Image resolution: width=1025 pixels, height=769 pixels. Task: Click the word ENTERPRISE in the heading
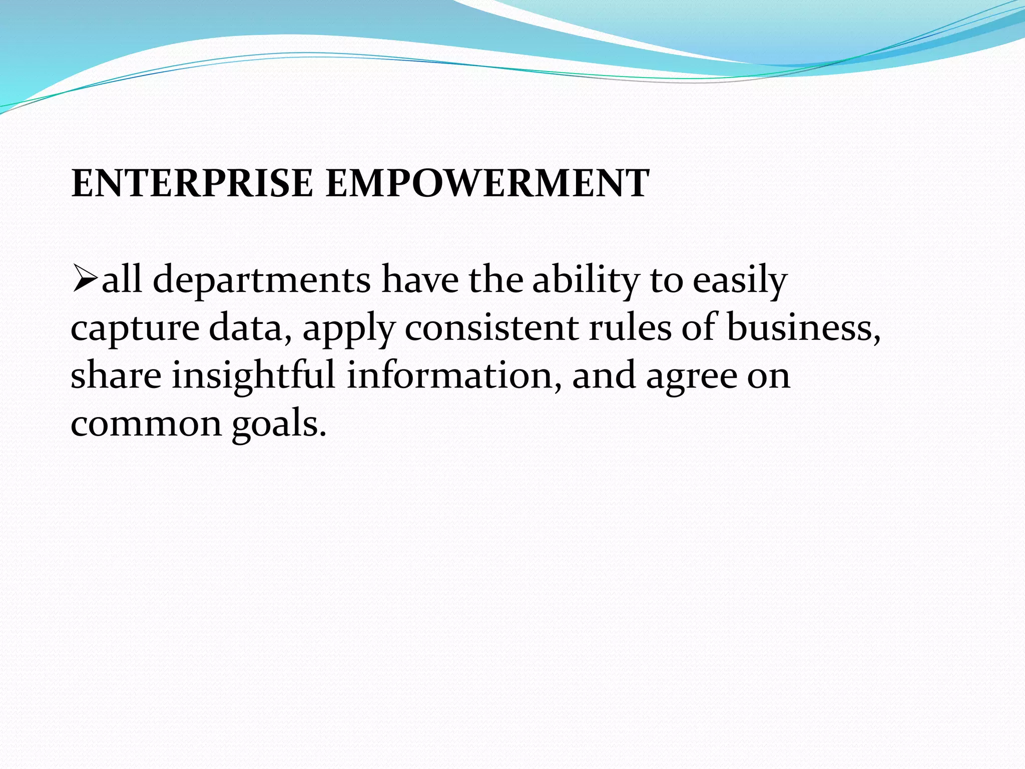192,183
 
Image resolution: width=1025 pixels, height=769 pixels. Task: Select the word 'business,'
803,328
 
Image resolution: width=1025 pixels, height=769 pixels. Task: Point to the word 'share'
116,376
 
